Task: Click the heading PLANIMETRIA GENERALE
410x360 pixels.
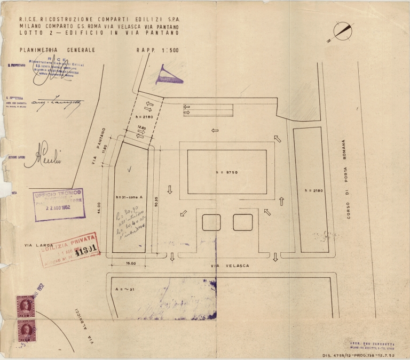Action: [x=57, y=50]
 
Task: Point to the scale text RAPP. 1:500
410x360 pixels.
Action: [x=157, y=50]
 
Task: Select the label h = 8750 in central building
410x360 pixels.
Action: [x=226, y=172]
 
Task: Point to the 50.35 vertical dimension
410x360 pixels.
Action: [x=155, y=200]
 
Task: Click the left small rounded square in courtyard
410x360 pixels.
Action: [x=211, y=222]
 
